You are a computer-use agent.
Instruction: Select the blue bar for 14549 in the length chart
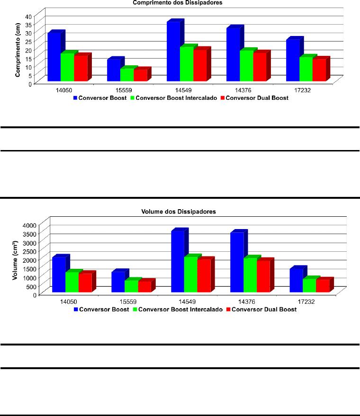(173, 52)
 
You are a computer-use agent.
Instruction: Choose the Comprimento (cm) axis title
(18, 50)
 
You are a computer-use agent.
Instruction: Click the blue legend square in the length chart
(75, 98)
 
